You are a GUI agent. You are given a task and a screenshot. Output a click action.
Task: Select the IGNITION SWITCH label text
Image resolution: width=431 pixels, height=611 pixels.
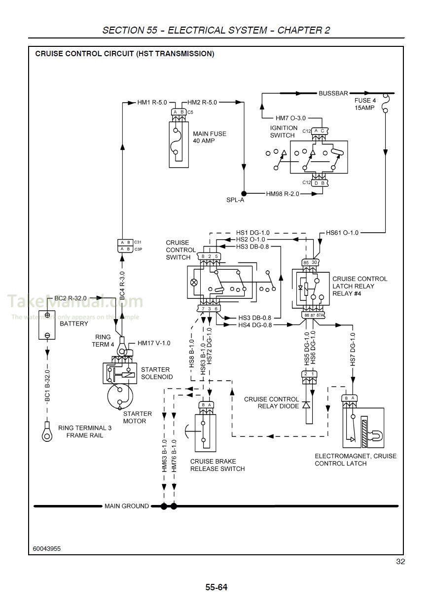(x=284, y=131)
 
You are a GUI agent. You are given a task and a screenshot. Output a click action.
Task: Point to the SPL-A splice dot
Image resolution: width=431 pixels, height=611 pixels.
(x=244, y=194)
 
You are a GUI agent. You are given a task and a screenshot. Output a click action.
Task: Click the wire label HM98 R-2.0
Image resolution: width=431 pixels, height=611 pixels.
(x=283, y=194)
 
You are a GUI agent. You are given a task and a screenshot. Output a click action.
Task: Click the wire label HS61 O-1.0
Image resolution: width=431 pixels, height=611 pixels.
(x=342, y=232)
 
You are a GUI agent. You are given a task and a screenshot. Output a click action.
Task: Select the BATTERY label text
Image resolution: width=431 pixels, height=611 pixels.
(x=74, y=324)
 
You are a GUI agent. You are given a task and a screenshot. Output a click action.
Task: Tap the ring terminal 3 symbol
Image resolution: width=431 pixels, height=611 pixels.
(x=47, y=432)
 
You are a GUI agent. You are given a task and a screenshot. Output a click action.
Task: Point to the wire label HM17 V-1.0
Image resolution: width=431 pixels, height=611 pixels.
(x=154, y=343)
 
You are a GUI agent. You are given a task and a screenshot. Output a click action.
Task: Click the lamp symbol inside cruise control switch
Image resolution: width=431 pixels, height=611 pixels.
(x=194, y=283)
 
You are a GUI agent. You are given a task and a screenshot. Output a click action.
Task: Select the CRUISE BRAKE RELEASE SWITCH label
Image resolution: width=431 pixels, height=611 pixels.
(x=217, y=465)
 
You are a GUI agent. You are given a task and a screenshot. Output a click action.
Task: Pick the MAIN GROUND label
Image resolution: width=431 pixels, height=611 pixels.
(x=127, y=506)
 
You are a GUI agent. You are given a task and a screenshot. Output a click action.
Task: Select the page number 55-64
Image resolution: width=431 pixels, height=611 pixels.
(x=216, y=587)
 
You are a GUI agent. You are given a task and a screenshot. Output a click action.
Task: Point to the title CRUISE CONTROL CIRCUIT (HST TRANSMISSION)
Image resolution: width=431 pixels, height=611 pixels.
(x=125, y=54)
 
